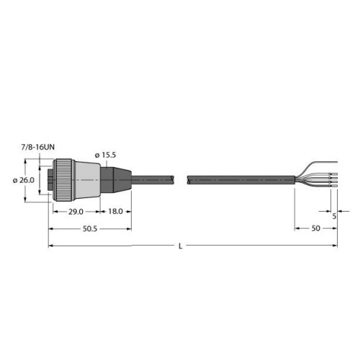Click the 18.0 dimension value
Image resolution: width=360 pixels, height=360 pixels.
click(115, 212)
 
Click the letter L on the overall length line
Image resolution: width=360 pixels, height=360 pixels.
click(180, 247)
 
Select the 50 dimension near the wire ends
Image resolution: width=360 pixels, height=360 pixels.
click(315, 230)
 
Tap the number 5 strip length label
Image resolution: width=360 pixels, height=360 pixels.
click(336, 213)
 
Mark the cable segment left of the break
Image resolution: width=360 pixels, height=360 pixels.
click(155, 180)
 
